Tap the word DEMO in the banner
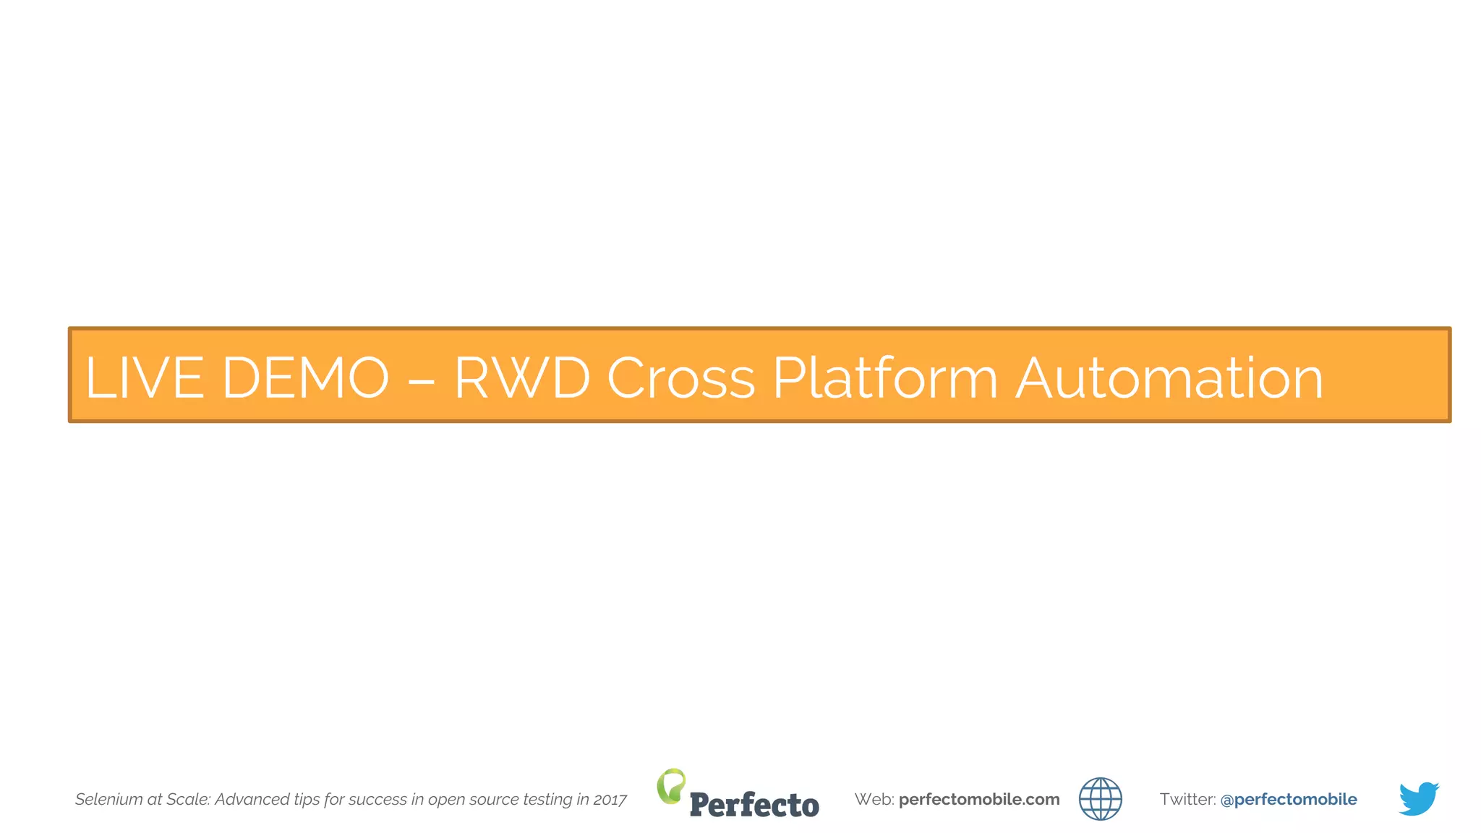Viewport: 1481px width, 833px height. click(305, 377)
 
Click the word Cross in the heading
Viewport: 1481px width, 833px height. click(680, 377)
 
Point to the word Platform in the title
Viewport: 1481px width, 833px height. click(885, 377)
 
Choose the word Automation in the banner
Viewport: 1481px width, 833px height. click(1169, 377)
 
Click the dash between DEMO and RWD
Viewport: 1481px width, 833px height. click(421, 379)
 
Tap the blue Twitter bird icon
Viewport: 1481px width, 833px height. click(1418, 798)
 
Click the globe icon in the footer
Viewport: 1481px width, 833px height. click(1100, 799)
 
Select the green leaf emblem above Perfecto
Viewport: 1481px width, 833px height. click(671, 785)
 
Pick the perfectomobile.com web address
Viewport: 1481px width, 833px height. click(979, 799)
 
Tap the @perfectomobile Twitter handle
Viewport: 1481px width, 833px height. click(1288, 799)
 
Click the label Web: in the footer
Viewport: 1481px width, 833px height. click(874, 799)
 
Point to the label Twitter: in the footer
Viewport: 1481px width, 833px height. click(1187, 799)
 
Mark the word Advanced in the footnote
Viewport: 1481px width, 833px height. click(252, 799)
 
